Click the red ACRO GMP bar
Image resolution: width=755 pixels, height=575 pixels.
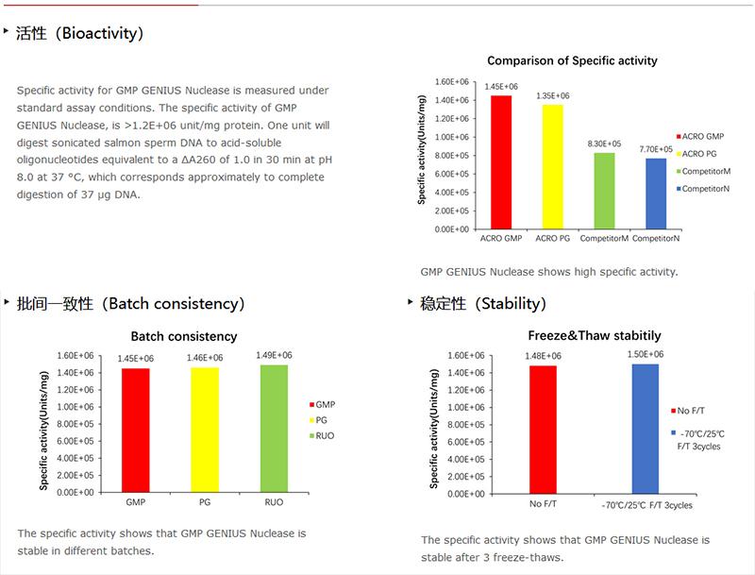point(500,162)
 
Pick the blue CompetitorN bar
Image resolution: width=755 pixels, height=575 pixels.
point(656,194)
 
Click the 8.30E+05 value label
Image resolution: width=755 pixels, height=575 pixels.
point(605,144)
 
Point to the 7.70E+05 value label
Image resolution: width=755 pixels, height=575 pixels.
point(656,149)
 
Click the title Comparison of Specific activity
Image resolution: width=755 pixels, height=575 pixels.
point(572,61)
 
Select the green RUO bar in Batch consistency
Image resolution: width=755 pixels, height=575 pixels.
point(275,429)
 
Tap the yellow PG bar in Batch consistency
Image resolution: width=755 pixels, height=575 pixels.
point(205,430)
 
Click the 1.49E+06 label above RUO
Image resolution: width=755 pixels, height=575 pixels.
point(275,355)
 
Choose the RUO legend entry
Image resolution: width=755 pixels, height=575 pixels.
point(324,435)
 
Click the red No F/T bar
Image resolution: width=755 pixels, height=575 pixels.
point(543,430)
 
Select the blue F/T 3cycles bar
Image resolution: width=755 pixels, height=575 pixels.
point(646,429)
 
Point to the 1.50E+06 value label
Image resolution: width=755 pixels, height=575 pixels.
point(646,354)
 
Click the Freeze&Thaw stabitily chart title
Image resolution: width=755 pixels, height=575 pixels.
point(594,336)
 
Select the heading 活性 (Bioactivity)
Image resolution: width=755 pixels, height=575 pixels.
point(79,34)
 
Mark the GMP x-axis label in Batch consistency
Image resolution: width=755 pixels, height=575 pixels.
point(135,503)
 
